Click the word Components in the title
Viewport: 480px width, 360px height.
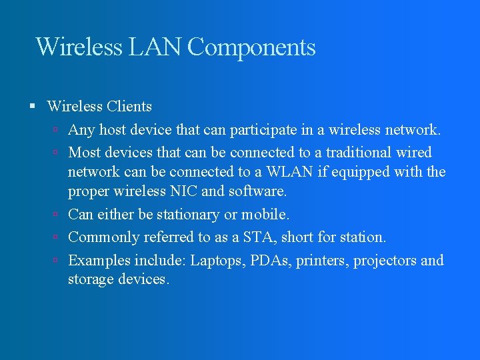click(x=251, y=48)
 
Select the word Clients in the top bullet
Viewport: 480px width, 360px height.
click(x=129, y=107)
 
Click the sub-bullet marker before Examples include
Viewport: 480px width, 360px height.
click(x=57, y=261)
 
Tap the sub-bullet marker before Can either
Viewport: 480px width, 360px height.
click(x=57, y=215)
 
